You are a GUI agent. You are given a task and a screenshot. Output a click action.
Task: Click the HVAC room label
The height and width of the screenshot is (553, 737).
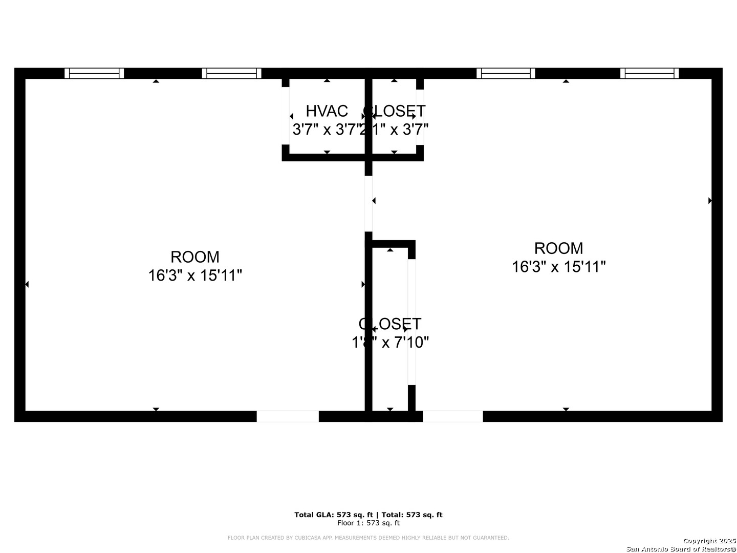[327, 111]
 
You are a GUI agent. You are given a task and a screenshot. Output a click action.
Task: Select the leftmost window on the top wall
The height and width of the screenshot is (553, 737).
[94, 73]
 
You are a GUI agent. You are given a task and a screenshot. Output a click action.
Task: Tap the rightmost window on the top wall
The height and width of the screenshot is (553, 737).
[649, 73]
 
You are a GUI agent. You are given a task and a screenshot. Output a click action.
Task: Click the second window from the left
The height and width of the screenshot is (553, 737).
[231, 73]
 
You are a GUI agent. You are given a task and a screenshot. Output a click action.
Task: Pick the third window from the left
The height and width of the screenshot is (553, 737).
[506, 73]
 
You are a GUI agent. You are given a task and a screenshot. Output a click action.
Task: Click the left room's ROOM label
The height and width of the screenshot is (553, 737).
[195, 257]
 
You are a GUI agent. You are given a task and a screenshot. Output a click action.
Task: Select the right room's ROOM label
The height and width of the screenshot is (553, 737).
[558, 248]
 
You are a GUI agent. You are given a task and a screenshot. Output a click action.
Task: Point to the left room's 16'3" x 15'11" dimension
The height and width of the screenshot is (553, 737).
[195, 275]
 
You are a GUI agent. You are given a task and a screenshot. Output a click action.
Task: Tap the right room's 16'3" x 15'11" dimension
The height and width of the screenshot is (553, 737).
[558, 267]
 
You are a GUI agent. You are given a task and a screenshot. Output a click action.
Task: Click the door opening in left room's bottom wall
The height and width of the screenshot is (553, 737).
[288, 416]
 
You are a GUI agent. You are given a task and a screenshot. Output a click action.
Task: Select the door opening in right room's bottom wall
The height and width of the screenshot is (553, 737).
[452, 416]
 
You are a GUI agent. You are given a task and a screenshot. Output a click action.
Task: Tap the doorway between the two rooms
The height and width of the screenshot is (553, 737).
[368, 204]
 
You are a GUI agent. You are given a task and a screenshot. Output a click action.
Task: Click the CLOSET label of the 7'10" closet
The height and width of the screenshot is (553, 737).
[390, 324]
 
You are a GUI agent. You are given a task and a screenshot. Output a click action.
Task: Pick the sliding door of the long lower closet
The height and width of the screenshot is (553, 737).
[411, 322]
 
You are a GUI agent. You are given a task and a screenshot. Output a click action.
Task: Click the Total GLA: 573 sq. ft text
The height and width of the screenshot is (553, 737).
[334, 515]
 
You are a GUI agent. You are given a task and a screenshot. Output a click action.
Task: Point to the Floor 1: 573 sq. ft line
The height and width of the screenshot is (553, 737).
[368, 523]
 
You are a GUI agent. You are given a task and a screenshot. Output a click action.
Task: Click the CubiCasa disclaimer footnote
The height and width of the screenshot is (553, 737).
[368, 538]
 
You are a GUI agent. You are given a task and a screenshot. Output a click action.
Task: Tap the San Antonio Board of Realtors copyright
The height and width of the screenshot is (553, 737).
[681, 548]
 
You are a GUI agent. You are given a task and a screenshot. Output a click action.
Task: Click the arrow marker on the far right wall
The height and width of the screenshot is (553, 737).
[710, 201]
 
